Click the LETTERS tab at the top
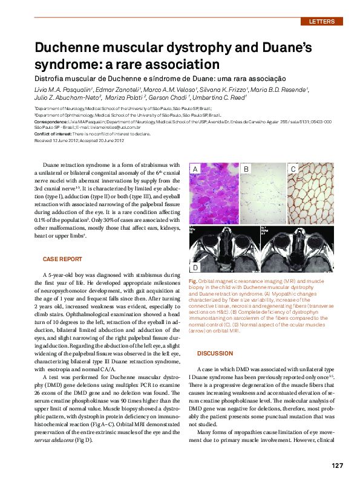321,22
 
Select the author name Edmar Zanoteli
99,89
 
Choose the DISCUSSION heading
215,353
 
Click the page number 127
337,465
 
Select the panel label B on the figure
246,170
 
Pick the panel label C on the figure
293,170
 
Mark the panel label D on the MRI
195,267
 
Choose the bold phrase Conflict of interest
54,134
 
